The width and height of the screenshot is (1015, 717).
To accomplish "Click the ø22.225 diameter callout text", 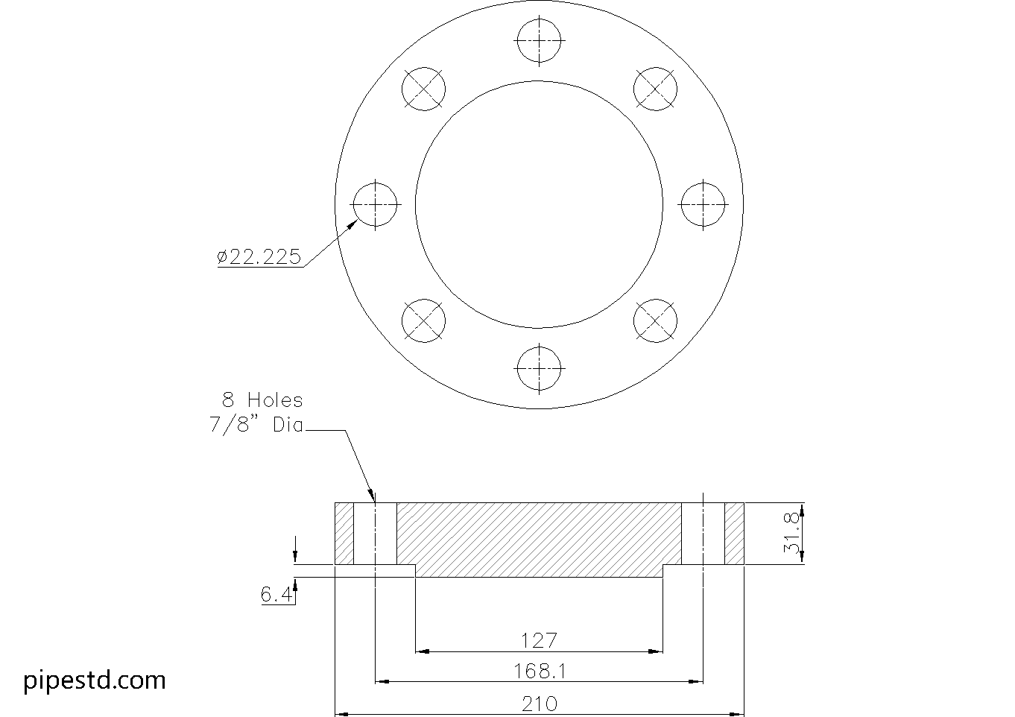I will click(x=259, y=257).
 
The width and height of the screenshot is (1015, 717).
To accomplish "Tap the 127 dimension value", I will click(x=539, y=640).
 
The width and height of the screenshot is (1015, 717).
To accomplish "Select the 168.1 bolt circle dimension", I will click(x=539, y=671).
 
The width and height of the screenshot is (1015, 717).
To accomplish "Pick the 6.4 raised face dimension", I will click(x=276, y=595).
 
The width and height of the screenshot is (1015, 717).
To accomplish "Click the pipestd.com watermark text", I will click(x=95, y=680).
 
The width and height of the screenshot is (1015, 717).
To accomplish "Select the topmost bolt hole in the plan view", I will click(x=539, y=40).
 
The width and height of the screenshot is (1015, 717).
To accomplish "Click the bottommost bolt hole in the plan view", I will click(x=539, y=368).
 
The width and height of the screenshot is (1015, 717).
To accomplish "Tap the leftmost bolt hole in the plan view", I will click(x=375, y=203).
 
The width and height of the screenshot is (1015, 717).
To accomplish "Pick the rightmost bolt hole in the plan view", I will click(x=703, y=203).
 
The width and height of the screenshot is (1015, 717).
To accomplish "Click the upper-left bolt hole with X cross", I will click(x=423, y=89).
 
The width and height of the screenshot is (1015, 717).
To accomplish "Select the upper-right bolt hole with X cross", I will click(x=655, y=89).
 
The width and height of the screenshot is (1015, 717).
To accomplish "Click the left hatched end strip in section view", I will click(x=344, y=534).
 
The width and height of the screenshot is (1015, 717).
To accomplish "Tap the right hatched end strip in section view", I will click(x=734, y=534).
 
